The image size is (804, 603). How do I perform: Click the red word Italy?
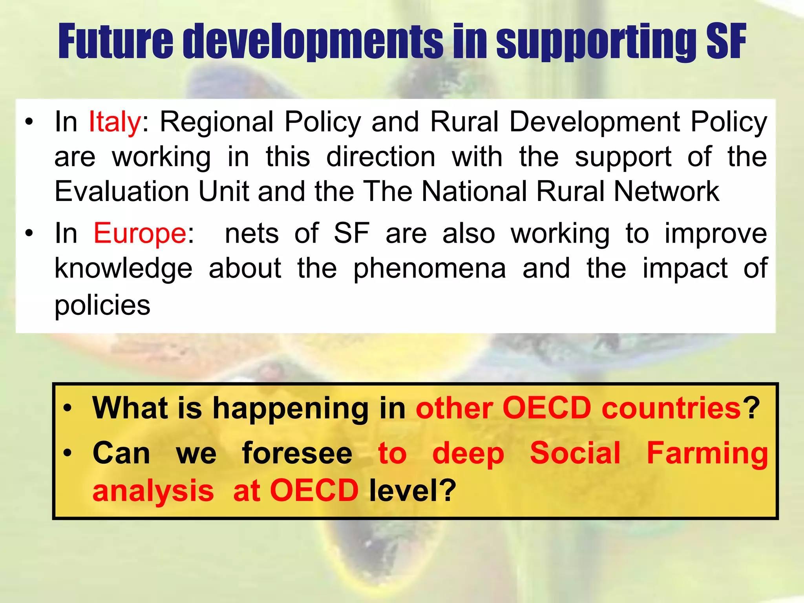tap(114, 122)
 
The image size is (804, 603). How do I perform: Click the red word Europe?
tap(140, 234)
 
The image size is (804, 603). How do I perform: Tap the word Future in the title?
tap(115, 42)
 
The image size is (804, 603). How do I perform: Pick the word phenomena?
tap(429, 269)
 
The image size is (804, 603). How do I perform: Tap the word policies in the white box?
tap(102, 305)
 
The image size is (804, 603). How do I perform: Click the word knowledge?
tap(123, 269)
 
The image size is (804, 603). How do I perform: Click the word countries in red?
tap(671, 408)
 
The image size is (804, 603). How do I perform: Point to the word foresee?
tap(297, 453)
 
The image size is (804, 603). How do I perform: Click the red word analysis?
tap(153, 492)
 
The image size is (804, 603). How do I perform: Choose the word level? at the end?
tap(413, 491)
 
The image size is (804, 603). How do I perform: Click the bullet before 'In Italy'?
tap(29, 122)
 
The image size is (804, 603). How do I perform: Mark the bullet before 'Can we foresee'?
tap(68, 453)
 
